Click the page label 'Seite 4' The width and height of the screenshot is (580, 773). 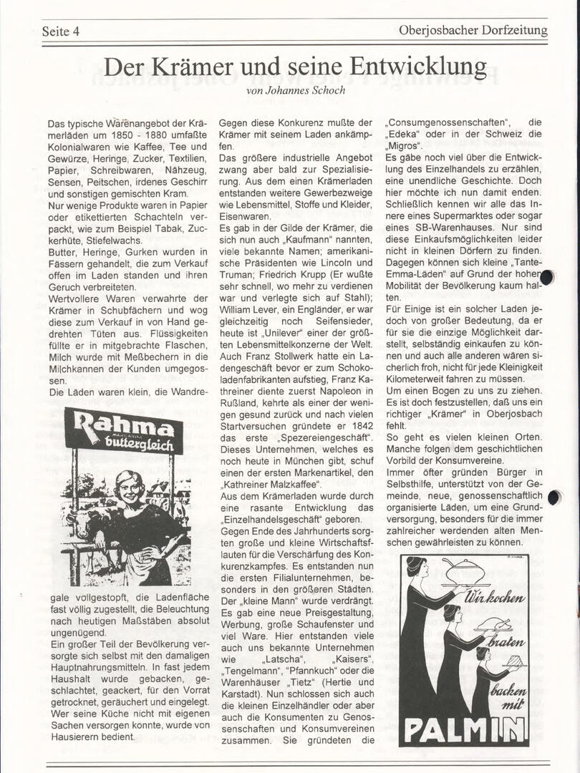click(60, 31)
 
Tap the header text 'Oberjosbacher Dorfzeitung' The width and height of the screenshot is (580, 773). click(473, 30)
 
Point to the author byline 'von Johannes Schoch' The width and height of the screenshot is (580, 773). click(295, 90)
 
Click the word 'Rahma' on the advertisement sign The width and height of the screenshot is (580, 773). click(123, 427)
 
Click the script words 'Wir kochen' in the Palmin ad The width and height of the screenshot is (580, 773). click(495, 596)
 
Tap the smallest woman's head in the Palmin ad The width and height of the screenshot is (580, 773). click(483, 653)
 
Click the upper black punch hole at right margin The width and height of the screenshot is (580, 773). click(547, 278)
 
